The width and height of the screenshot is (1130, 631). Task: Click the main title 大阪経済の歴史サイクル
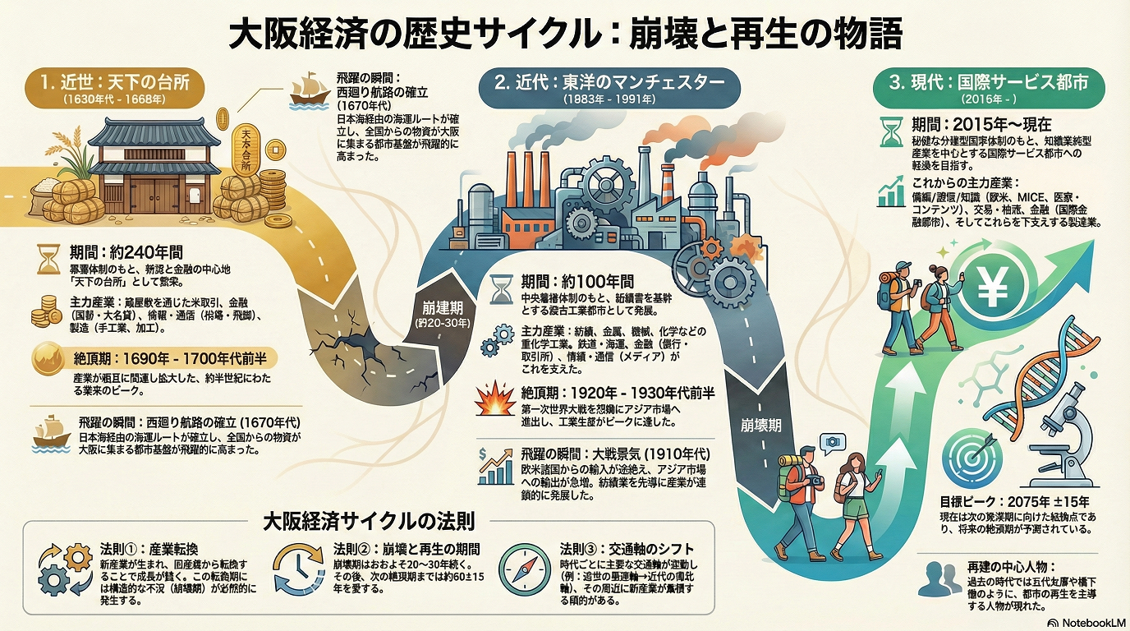click(x=564, y=35)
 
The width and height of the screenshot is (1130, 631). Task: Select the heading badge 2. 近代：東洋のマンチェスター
click(x=609, y=86)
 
